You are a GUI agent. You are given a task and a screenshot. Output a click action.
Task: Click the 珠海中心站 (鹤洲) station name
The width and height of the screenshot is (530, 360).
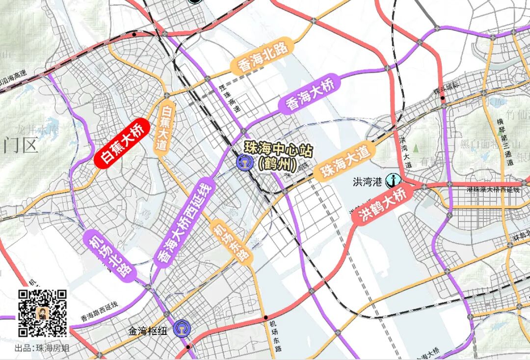tap(279, 156)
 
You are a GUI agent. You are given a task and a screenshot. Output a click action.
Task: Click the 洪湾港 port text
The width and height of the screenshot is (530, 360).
tap(368, 182)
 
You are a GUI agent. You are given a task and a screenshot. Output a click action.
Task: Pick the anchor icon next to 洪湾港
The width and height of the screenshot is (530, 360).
tap(392, 181)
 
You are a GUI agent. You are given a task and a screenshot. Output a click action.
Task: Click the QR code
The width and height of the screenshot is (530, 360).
tap(43, 313)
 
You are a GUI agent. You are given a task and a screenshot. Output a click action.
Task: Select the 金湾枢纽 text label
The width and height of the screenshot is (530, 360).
tap(148, 331)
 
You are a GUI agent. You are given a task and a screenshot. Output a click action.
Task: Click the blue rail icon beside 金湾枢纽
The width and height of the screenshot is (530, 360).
tap(182, 330)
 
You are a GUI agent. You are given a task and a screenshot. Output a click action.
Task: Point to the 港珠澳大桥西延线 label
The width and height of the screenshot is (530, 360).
tap(492, 190)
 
